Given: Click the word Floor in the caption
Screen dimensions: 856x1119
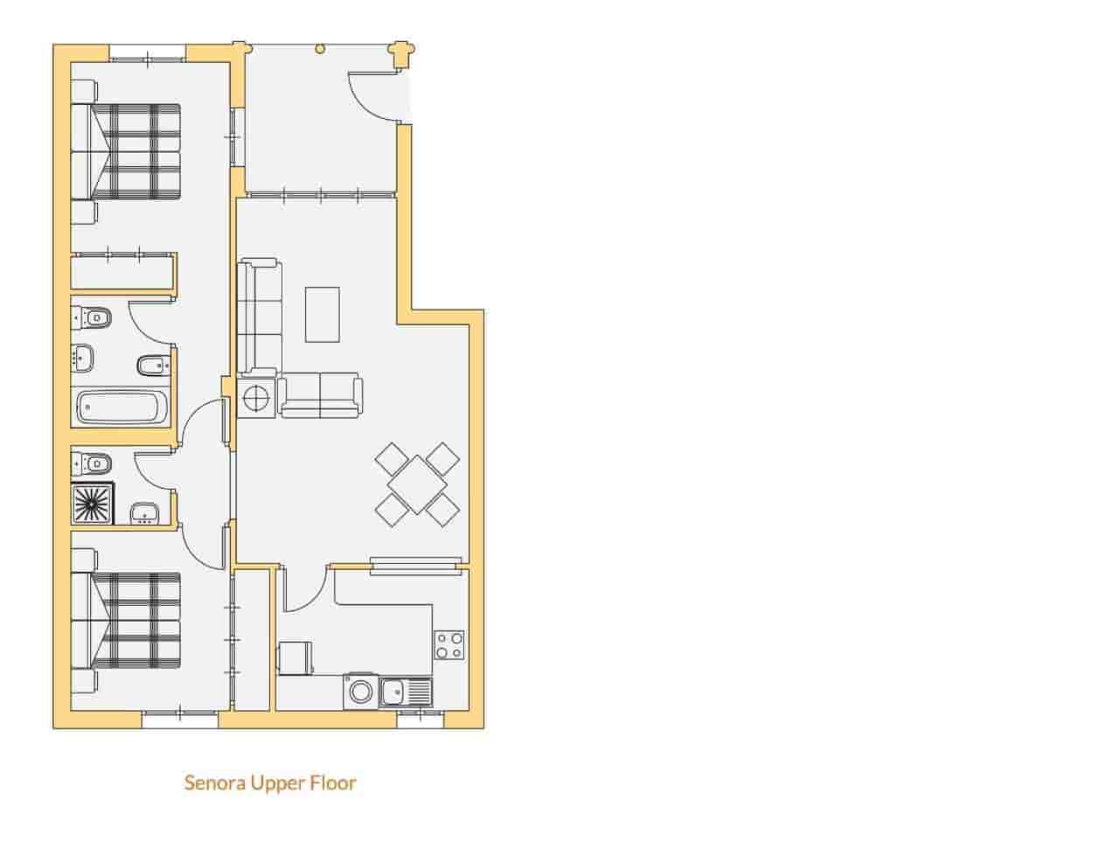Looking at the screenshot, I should coord(333,783).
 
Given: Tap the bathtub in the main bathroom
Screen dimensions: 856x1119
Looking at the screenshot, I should coord(122,407).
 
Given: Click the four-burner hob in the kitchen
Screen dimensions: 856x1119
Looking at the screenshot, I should coord(449,645).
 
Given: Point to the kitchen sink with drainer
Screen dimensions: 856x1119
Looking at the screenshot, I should coord(406,693).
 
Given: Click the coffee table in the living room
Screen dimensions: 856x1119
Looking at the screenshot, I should coord(323,315).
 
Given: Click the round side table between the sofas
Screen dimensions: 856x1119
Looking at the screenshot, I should coord(255,399).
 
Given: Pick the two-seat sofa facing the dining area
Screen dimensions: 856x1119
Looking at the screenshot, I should coord(320,394).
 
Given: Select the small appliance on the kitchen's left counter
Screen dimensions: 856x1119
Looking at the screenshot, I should coord(295,658).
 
